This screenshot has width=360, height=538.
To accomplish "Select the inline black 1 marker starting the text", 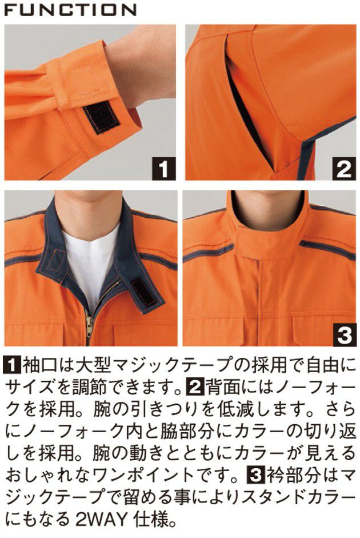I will [10, 364].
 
